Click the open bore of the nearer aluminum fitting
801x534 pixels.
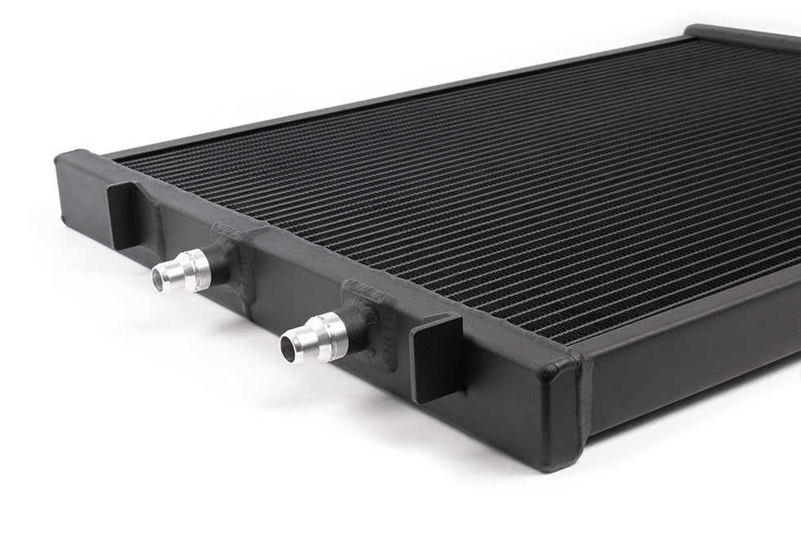pos(288,349)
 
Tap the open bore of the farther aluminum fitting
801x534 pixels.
pos(160,281)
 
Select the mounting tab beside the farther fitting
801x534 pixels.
pos(124,213)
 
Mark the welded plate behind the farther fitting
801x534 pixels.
pos(235,258)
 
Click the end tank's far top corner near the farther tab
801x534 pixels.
pos(74,156)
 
